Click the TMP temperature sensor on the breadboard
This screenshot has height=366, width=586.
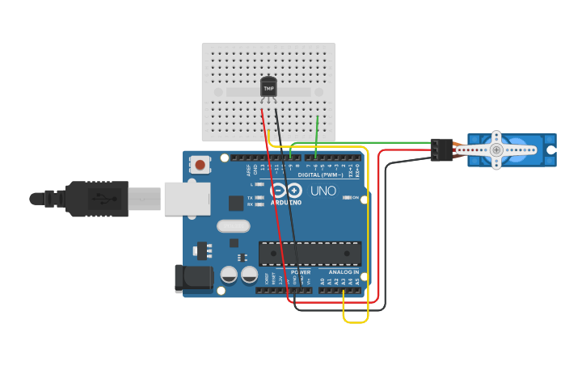268,86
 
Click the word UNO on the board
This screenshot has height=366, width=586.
323,191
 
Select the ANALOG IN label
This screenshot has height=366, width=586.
344,272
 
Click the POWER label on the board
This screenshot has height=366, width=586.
300,272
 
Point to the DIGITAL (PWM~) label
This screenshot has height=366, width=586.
320,175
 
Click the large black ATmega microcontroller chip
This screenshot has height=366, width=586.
310,253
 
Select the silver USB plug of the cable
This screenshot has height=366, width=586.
187,199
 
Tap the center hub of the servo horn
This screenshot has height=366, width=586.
496,149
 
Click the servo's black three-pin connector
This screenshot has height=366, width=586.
441,149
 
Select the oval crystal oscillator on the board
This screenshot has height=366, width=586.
233,226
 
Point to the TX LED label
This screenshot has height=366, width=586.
250,197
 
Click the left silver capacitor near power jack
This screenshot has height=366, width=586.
229,275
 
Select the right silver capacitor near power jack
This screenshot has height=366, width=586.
249,275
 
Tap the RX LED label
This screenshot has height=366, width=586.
250,204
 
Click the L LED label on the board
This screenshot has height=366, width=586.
251,185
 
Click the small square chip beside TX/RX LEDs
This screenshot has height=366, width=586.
236,203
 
